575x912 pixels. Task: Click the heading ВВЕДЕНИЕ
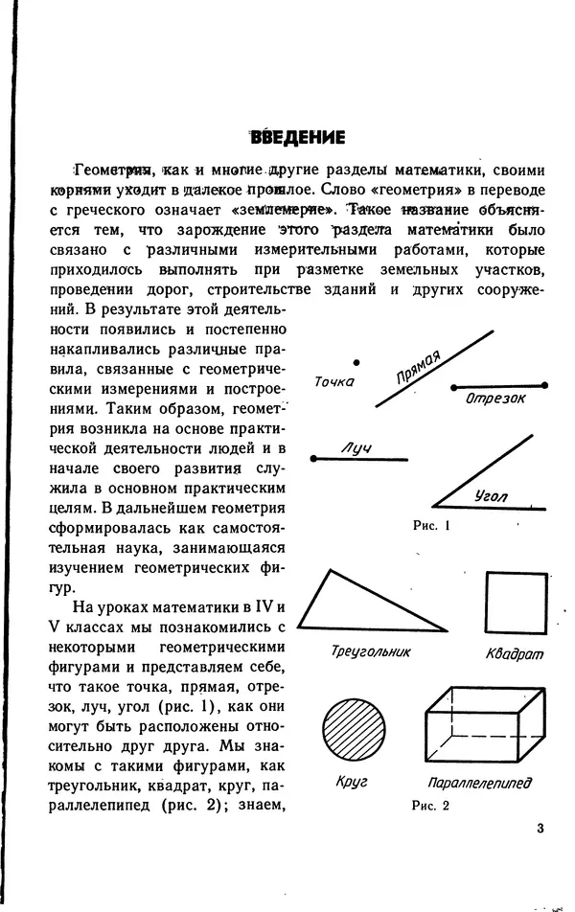click(x=297, y=137)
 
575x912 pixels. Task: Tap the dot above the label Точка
click(x=356, y=362)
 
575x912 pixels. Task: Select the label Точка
click(x=334, y=381)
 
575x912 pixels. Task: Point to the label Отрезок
click(x=495, y=399)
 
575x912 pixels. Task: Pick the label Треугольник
click(x=370, y=651)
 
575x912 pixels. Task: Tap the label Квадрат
click(x=515, y=653)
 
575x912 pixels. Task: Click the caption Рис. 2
click(x=430, y=806)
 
